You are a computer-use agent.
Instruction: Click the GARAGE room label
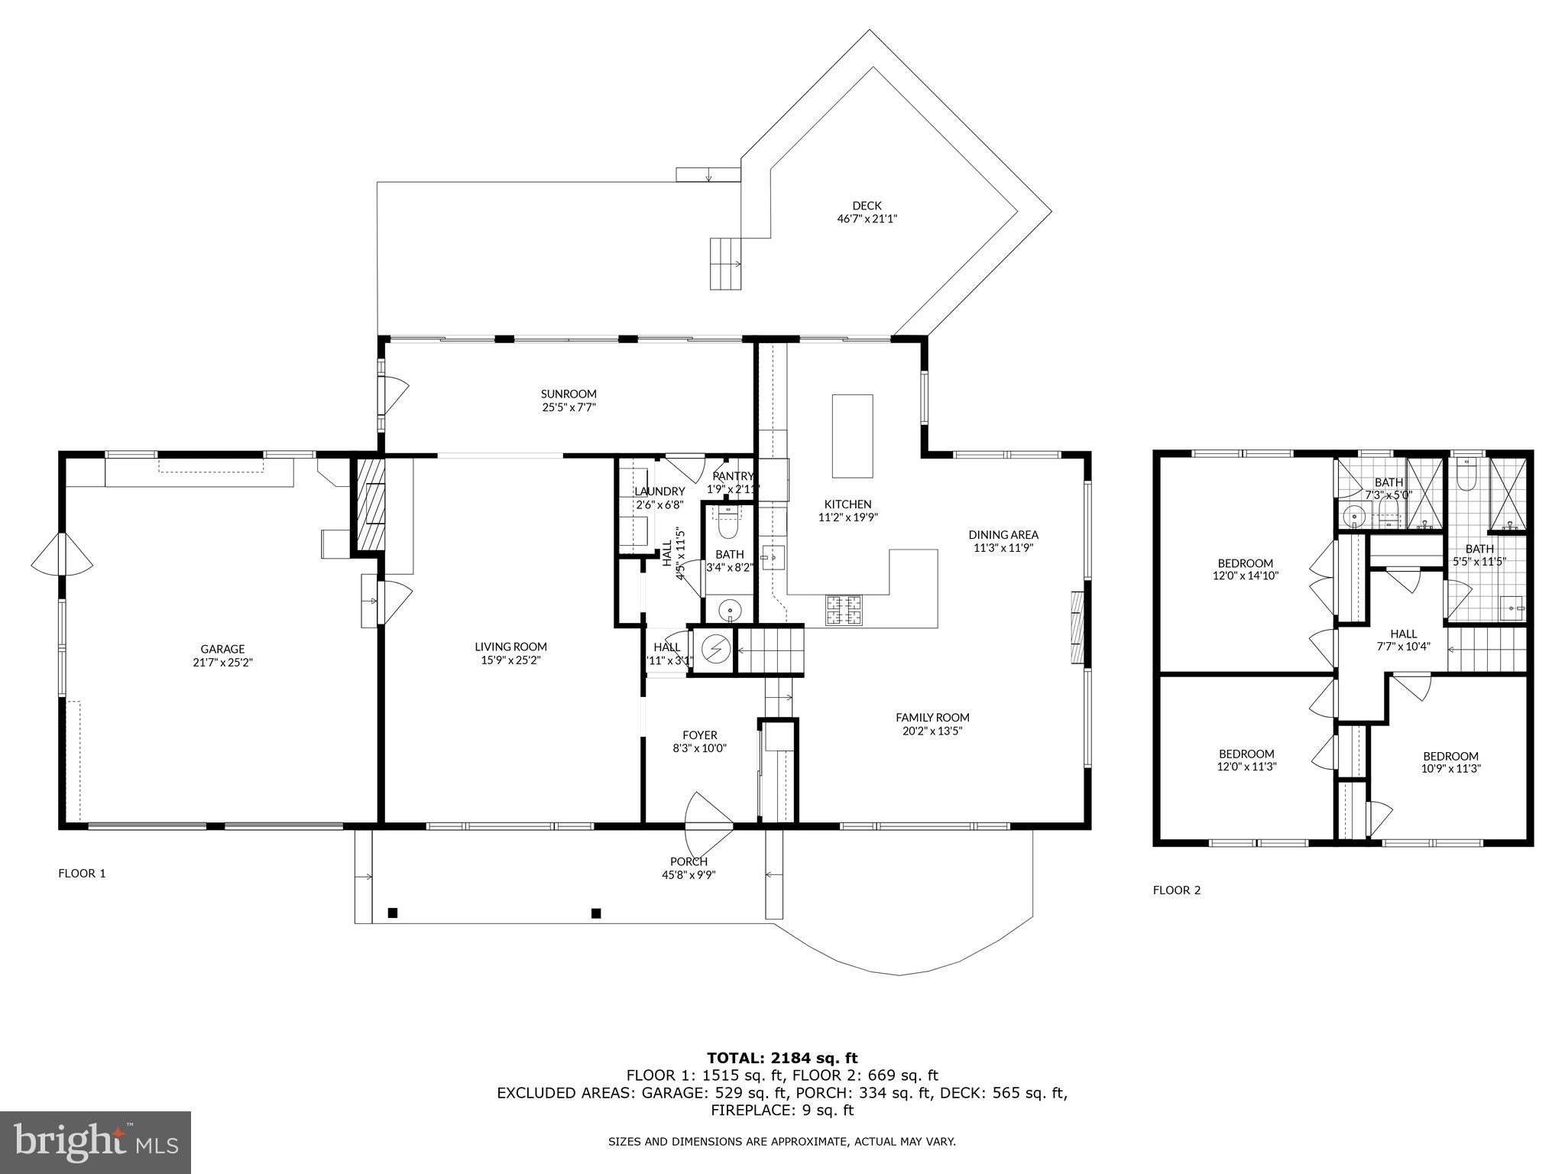click(222, 650)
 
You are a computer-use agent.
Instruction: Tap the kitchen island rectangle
click(852, 436)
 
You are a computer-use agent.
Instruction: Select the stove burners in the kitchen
click(844, 609)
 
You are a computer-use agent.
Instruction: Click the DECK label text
click(867, 206)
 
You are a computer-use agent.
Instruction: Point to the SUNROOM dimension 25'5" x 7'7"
click(569, 407)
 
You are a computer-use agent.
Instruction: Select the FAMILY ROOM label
click(932, 717)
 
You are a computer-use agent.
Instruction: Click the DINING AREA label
click(1003, 535)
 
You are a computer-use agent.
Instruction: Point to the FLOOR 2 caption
click(1177, 890)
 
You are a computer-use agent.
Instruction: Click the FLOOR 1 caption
click(82, 873)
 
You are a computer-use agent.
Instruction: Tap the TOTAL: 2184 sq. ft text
click(782, 1058)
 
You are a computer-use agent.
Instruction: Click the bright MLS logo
click(96, 1142)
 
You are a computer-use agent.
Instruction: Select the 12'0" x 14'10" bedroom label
click(1246, 569)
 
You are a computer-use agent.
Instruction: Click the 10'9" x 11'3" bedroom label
click(1450, 762)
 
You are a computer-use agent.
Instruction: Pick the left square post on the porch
click(393, 912)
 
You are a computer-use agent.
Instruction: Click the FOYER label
click(699, 735)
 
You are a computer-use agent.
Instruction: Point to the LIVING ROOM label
click(510, 647)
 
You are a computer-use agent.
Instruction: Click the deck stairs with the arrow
click(726, 264)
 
